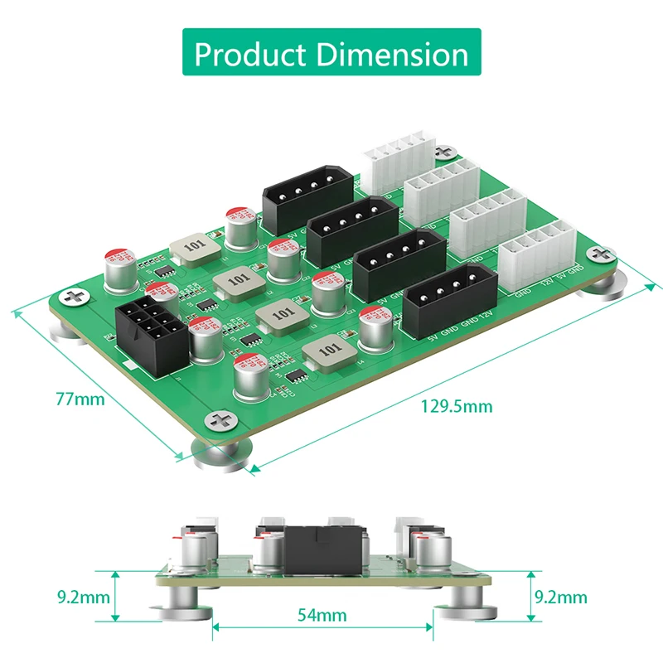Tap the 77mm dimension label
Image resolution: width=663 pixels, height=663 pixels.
(80, 399)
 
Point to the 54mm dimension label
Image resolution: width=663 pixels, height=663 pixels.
(322, 615)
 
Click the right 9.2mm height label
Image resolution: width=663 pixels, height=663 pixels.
(560, 596)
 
